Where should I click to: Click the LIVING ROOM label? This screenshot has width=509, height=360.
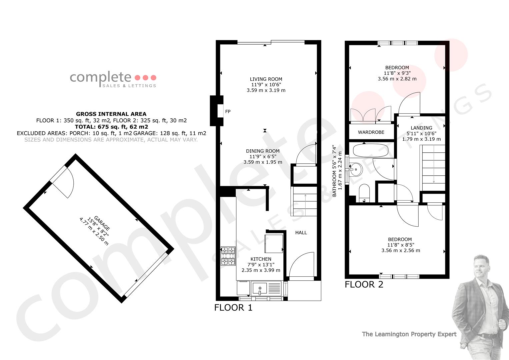point(266,79)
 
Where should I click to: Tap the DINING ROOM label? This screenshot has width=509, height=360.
point(263,151)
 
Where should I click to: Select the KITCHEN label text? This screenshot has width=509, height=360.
point(261,259)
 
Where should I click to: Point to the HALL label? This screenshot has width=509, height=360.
point(301,233)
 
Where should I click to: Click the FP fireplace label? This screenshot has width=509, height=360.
point(228,111)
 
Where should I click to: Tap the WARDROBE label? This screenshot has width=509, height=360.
point(371,132)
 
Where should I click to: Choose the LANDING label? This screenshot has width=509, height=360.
point(421,128)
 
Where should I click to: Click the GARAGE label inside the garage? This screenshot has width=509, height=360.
point(102,223)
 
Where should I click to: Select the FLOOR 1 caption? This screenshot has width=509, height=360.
point(233,307)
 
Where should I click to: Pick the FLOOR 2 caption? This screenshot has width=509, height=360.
point(364,284)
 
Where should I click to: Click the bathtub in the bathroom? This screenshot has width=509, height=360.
point(371,150)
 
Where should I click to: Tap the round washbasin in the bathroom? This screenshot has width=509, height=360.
point(356,170)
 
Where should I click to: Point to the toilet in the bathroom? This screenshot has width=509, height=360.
point(364,193)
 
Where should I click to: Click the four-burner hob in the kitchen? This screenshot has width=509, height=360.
point(228,256)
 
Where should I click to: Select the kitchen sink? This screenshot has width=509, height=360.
point(260,288)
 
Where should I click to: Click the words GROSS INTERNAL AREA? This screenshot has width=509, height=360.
point(111,114)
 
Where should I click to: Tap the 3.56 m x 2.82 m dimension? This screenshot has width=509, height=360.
point(397,79)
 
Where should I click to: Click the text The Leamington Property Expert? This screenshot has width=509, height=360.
point(409,334)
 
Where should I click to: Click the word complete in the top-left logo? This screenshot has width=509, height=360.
point(100,77)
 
